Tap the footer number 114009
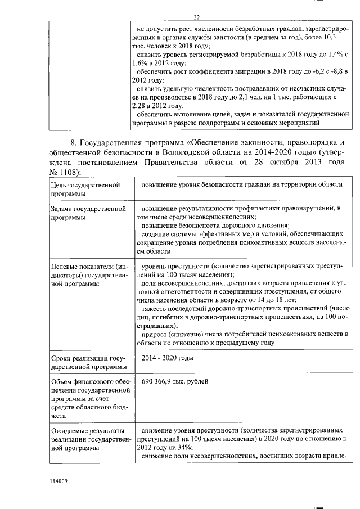coord(58,481)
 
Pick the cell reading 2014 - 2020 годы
coord(168,357)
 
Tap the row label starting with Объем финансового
coord(86,399)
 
